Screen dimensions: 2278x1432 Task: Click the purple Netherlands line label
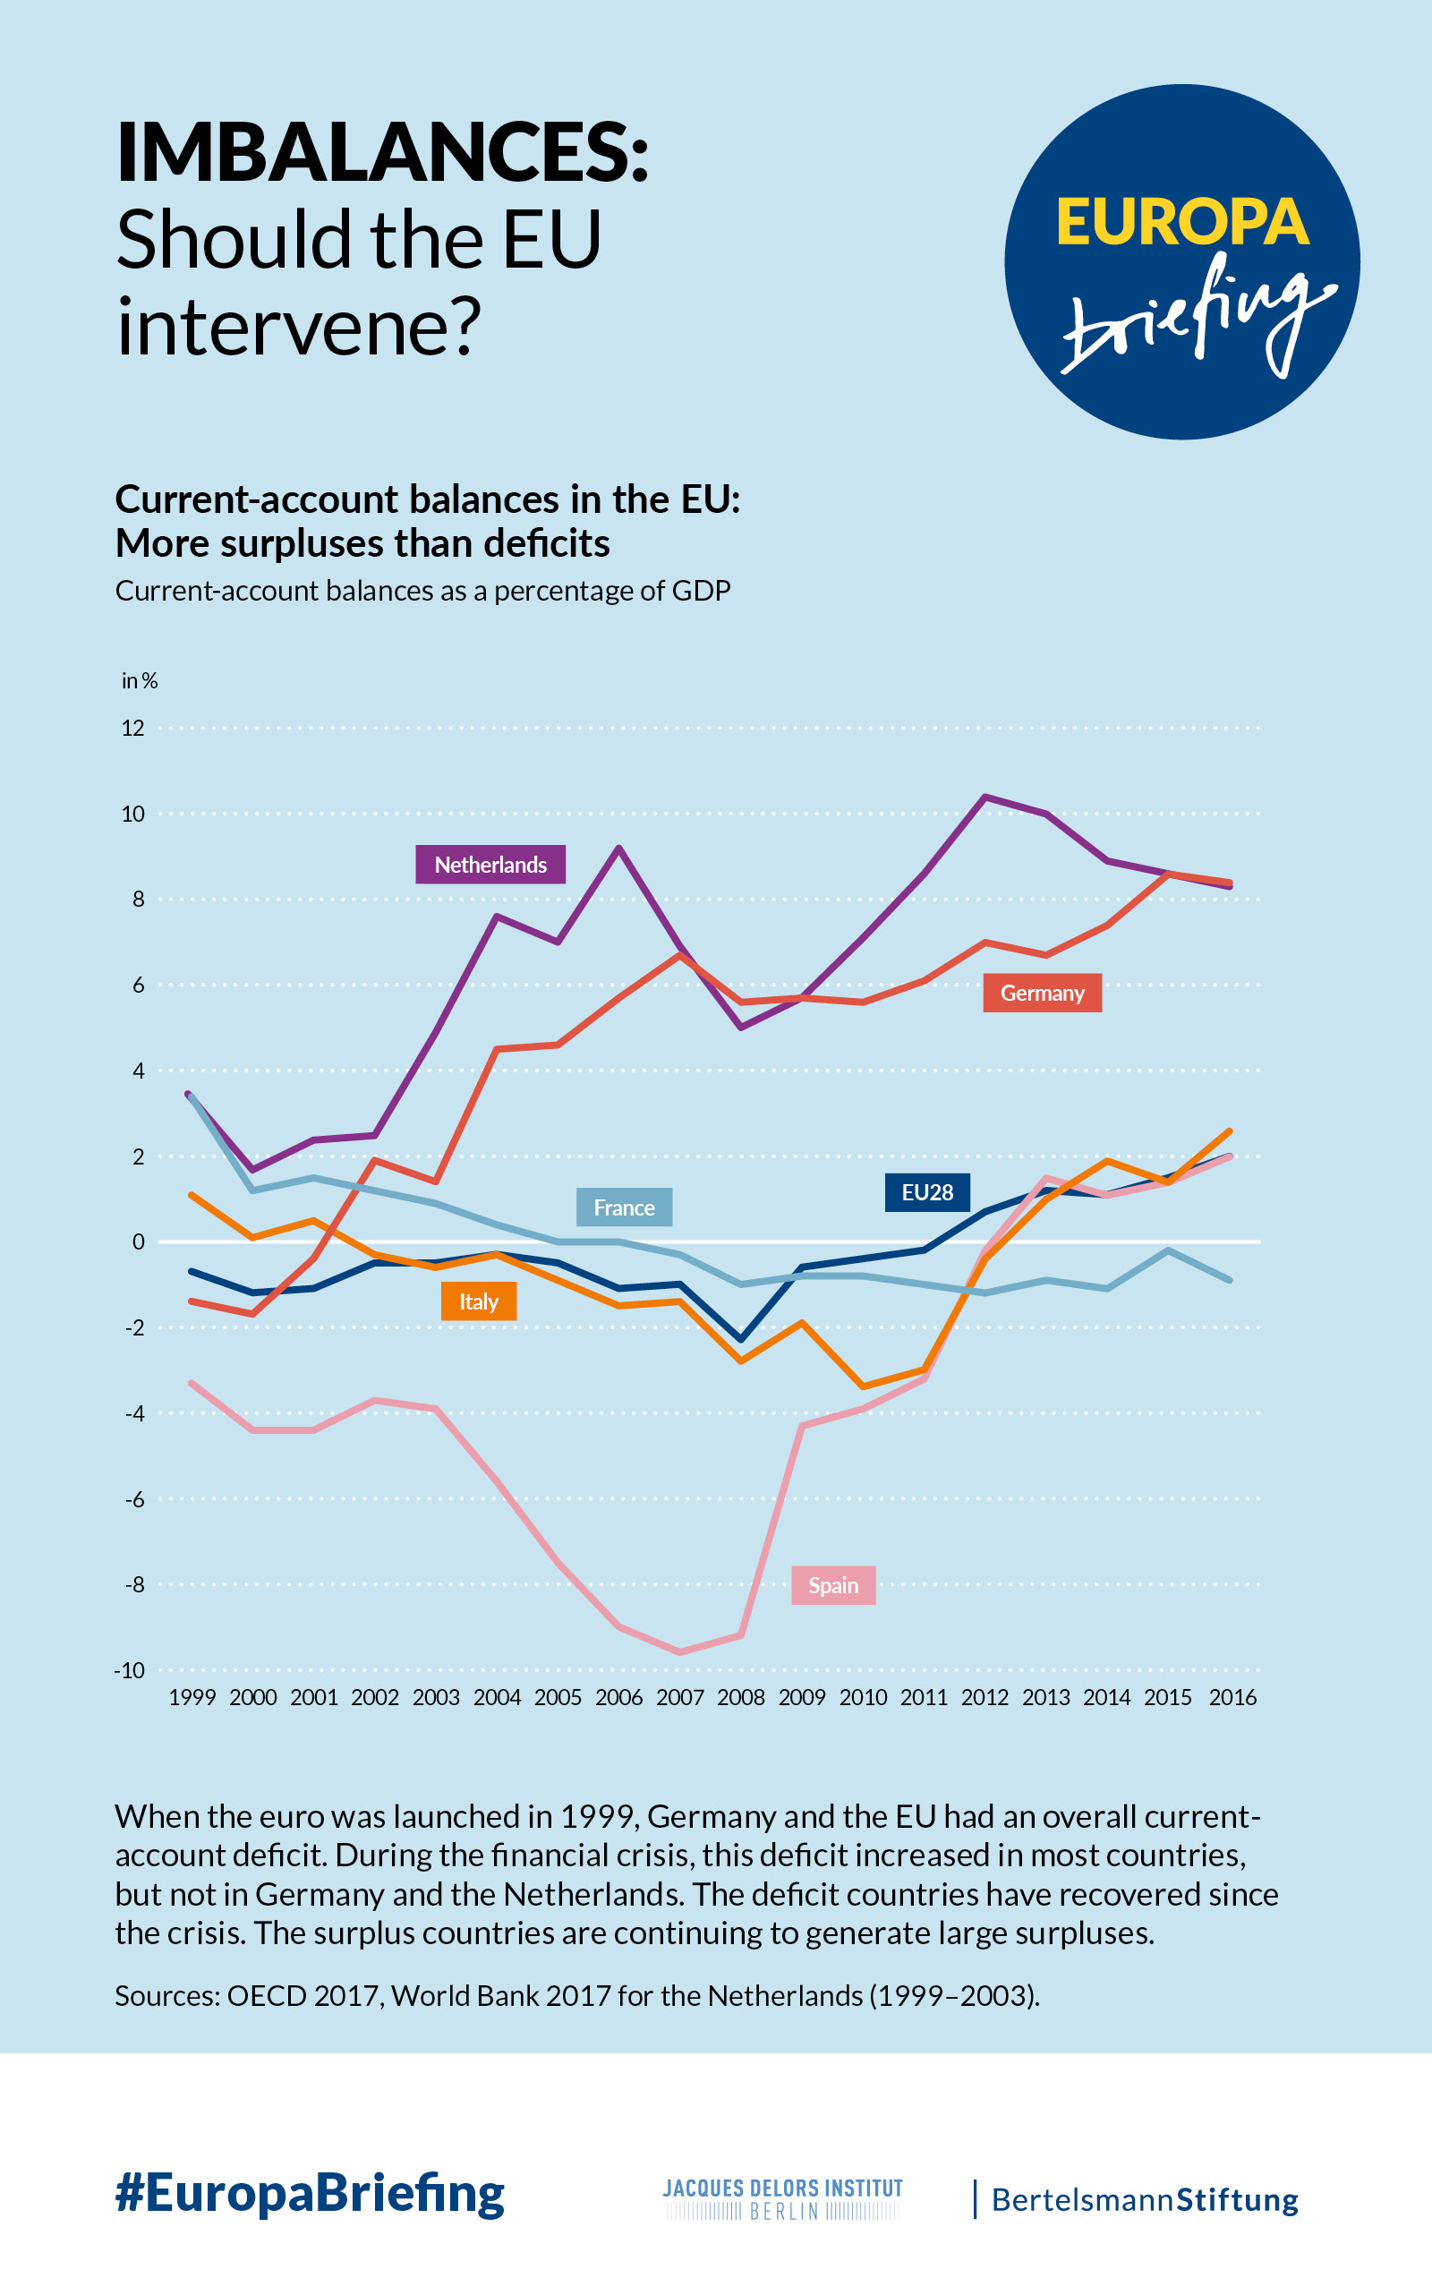pyautogui.click(x=490, y=864)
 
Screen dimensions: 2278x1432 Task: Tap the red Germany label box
pyautogui.click(x=1042, y=993)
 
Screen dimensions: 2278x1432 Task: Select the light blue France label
pyautogui.click(x=623, y=1207)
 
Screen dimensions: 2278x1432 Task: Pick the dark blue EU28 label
pyautogui.click(x=927, y=1192)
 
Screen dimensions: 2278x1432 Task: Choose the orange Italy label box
pyautogui.click(x=479, y=1301)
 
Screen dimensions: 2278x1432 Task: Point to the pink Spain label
pyautogui.click(x=832, y=1584)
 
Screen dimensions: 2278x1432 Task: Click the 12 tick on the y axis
pyautogui.click(x=133, y=728)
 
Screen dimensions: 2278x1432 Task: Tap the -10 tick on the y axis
pyautogui.click(x=130, y=1669)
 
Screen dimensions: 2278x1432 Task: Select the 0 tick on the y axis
pyautogui.click(x=138, y=1241)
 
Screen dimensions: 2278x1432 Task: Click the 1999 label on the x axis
pyautogui.click(x=192, y=1697)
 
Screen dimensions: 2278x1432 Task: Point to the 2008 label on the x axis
pyautogui.click(x=740, y=1697)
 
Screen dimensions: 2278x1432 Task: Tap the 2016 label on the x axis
pyautogui.click(x=1232, y=1697)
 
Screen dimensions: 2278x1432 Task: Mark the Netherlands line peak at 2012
pyautogui.click(x=984, y=797)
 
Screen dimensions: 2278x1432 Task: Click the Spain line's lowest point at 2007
pyautogui.click(x=680, y=1651)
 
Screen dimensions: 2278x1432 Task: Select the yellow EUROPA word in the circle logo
pyautogui.click(x=1181, y=222)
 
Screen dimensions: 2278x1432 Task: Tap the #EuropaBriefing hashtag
pyautogui.click(x=310, y=2193)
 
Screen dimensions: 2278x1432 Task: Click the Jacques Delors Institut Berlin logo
pyautogui.click(x=782, y=2198)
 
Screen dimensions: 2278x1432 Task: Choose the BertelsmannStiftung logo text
pyautogui.click(x=1144, y=2199)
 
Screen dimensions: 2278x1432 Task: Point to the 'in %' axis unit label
pyautogui.click(x=139, y=680)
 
